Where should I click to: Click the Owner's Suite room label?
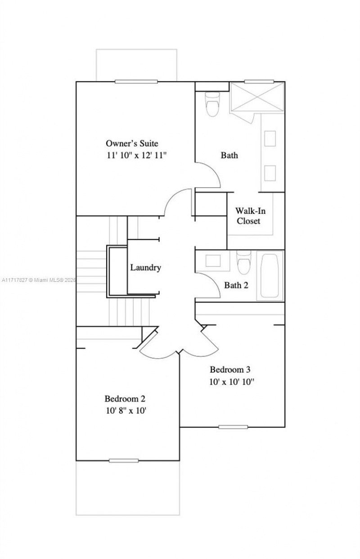(x=132, y=144)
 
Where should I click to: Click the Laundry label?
(x=145, y=267)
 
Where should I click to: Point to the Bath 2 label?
(x=236, y=285)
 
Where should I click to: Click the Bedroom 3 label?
(x=230, y=370)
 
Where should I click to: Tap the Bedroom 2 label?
(x=125, y=399)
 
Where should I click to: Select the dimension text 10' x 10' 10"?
(x=232, y=382)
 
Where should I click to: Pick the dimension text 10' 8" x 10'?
(x=126, y=410)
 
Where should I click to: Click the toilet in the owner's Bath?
(x=212, y=105)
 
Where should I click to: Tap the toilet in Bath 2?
(x=243, y=262)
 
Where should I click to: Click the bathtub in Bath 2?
(x=270, y=276)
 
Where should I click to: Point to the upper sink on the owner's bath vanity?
(x=270, y=138)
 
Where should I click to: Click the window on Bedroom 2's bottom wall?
(x=124, y=460)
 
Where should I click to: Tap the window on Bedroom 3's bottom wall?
(x=233, y=427)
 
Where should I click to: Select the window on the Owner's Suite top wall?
(x=136, y=81)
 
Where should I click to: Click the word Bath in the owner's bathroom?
(x=229, y=155)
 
